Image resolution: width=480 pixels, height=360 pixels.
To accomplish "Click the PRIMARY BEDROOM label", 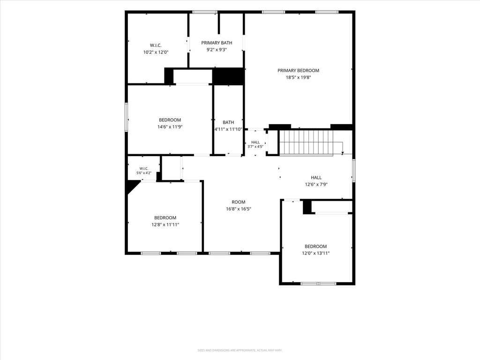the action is pos(298,70).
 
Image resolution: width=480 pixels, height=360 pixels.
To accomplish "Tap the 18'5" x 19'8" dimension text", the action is pos(298,77).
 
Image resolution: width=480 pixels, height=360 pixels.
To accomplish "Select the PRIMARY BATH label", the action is pos(217,43).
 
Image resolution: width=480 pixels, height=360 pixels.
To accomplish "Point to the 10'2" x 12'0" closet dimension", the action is pos(156,52).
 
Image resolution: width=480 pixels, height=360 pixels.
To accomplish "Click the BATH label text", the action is pos(228,122).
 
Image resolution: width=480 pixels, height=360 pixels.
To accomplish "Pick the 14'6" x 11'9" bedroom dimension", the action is pos(170,127).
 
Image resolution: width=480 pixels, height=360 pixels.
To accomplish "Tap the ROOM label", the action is pos(239,202).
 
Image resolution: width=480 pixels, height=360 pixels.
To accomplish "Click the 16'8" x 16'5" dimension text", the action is pos(239,209).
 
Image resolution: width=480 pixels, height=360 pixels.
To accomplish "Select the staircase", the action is pos(311,142).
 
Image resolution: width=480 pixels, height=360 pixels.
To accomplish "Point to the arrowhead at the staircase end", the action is pos(342,153).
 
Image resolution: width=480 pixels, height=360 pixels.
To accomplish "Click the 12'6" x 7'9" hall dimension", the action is pos(316,185).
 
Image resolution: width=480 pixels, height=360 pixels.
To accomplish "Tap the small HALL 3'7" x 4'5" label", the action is pos(255,144).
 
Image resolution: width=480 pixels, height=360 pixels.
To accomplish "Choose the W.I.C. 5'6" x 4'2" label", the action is pos(143,171).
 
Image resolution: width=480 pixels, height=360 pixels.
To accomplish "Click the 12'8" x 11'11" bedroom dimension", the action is pos(165,225).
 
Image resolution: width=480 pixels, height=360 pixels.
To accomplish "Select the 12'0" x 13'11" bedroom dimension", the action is pos(315,254).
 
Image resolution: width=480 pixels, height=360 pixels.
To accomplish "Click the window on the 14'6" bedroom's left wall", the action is pos(126,117).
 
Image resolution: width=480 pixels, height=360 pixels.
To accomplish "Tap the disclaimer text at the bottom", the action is pos(240,350).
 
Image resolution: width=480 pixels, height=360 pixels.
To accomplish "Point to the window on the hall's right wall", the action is pos(354,171).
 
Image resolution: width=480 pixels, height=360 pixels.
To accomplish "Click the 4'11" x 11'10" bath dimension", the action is pos(228,129).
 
